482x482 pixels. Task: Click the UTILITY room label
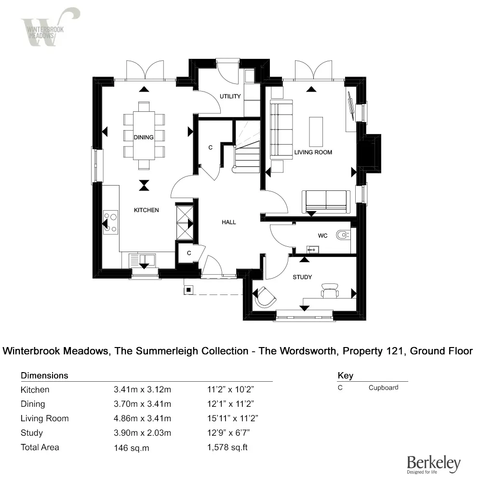pyautogui.click(x=230, y=96)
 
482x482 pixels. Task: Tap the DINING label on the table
pyautogui.click(x=144, y=137)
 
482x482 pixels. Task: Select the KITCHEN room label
pyautogui.click(x=146, y=210)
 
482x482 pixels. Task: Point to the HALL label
pyautogui.click(x=229, y=222)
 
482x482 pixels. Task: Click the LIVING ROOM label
pyautogui.click(x=313, y=152)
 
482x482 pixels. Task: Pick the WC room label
pyautogui.click(x=322, y=236)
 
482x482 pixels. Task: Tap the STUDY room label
pyautogui.click(x=302, y=277)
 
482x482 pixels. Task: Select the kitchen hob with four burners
pyautogui.click(x=111, y=222)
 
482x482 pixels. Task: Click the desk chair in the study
pyautogui.click(x=330, y=289)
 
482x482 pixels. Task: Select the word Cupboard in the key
pyautogui.click(x=384, y=388)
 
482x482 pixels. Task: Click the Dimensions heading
pyautogui.click(x=44, y=375)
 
